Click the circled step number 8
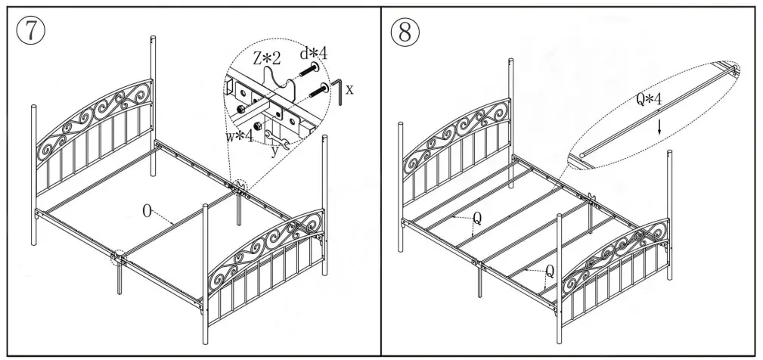[406, 31]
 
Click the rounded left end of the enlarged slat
[582, 157]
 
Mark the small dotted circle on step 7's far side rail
[240, 187]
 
